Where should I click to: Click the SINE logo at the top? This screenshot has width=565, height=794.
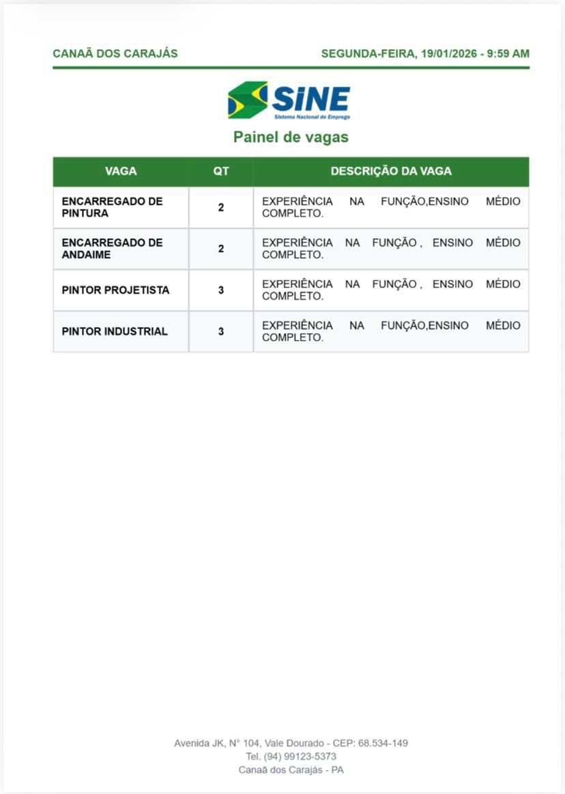289,100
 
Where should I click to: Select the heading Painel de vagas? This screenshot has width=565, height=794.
291,137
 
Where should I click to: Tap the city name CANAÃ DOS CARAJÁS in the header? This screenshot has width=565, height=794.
115,54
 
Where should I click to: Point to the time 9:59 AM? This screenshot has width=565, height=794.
508,54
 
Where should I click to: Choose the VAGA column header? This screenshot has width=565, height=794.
121,171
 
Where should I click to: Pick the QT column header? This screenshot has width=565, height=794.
221,171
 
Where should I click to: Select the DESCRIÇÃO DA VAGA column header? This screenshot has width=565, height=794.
391,171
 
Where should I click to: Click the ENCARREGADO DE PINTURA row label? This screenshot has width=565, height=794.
112,208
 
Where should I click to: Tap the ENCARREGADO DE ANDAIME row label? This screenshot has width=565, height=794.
112,249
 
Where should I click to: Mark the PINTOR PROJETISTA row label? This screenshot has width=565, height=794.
115,290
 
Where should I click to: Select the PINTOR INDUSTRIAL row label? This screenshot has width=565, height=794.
115,332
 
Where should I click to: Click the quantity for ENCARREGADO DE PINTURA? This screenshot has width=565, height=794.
221,208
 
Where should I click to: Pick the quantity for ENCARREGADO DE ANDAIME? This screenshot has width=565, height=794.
221,249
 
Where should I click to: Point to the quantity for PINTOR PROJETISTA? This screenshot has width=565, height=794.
221,290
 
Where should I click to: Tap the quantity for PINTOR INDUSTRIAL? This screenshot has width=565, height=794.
221,332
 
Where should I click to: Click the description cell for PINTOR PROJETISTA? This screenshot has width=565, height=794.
391,290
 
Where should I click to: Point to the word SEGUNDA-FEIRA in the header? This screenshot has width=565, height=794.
367,54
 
